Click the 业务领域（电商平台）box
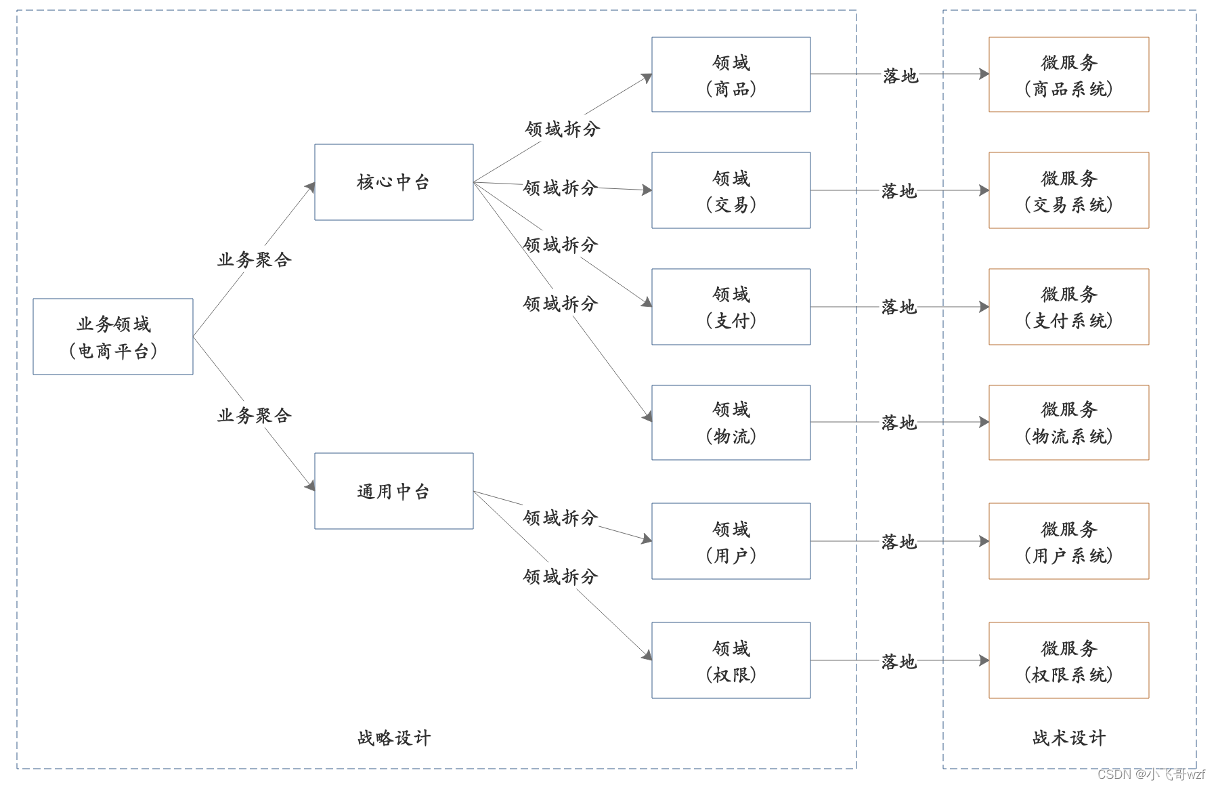(113, 337)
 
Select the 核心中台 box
(393, 182)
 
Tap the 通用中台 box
(393, 491)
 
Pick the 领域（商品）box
(731, 75)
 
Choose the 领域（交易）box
(731, 190)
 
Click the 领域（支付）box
(731, 307)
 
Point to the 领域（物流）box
(731, 423)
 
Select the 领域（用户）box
(731, 541)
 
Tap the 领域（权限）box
(731, 660)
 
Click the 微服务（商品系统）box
(1068, 75)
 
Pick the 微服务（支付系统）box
(1068, 307)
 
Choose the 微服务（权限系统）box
(1068, 660)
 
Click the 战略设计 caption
(393, 738)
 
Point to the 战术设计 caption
(1068, 738)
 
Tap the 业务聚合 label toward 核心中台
(254, 259)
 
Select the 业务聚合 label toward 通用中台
(254, 415)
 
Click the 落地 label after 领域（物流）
(898, 423)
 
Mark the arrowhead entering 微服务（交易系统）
(984, 190)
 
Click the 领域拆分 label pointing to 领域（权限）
(560, 576)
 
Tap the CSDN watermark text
(1151, 773)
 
